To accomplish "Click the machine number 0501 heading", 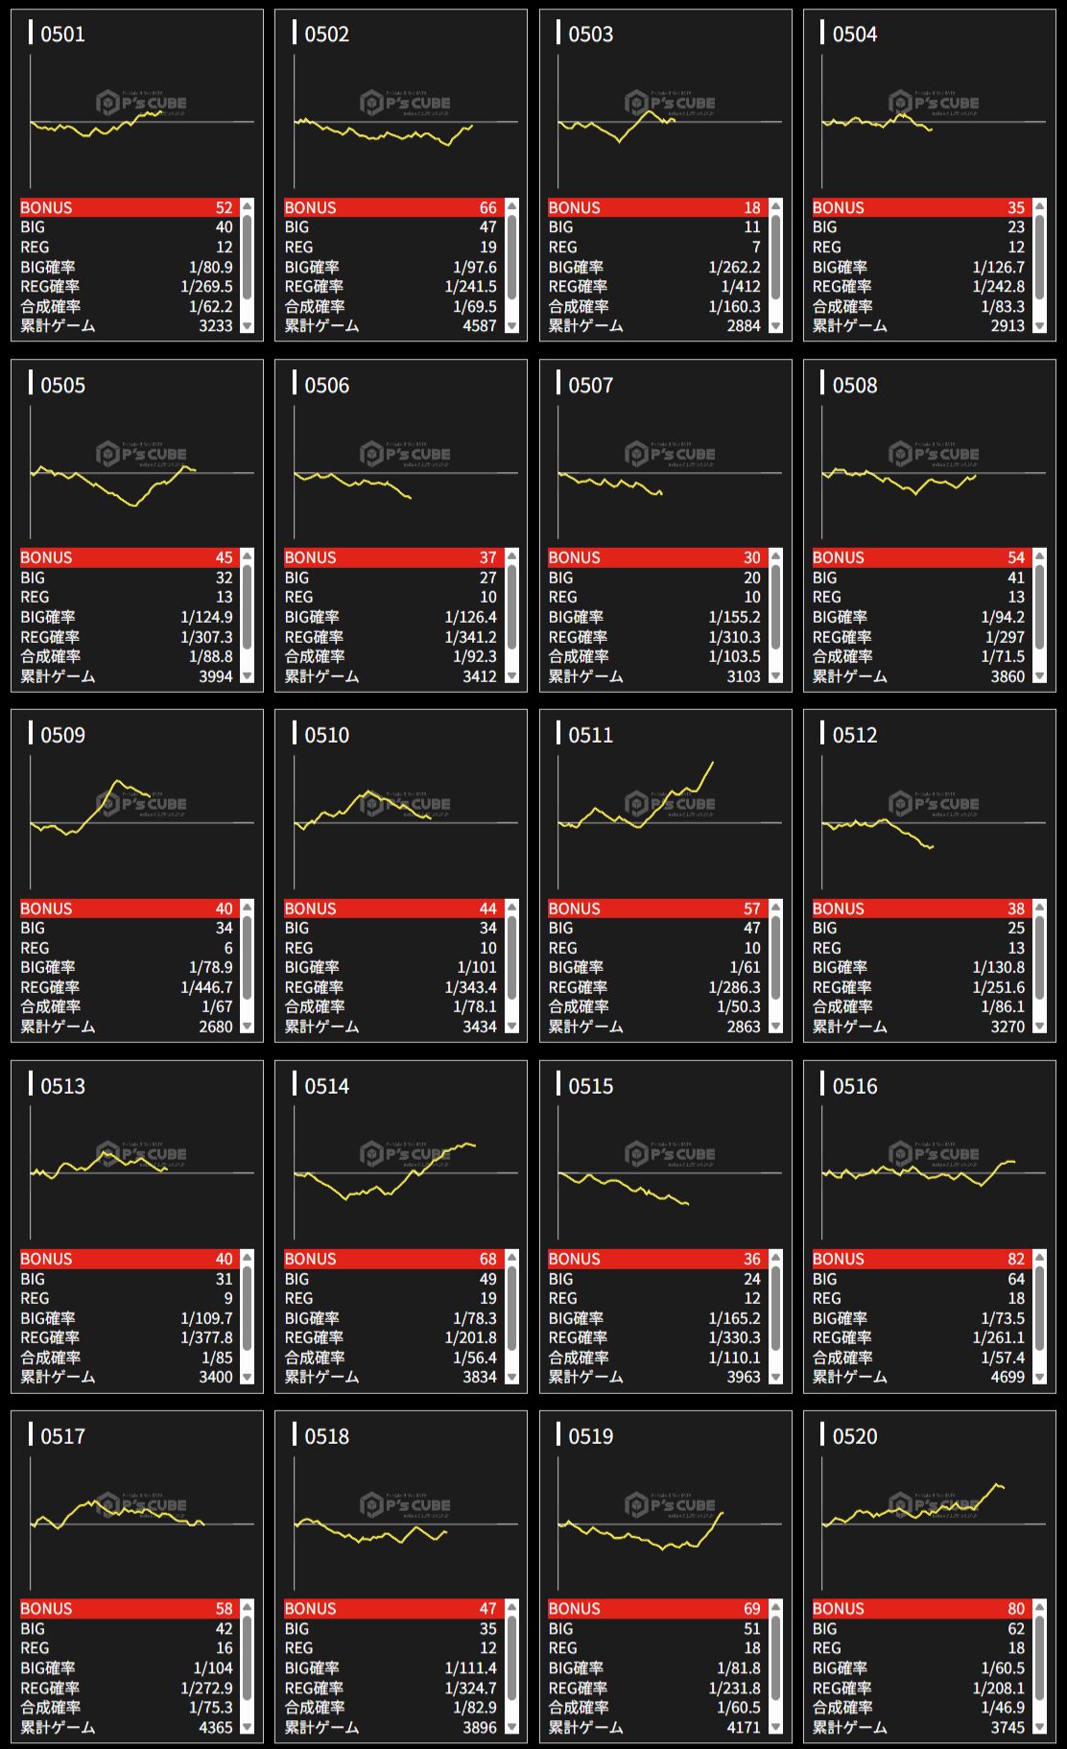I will (62, 35).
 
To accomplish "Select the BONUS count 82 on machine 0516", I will (1015, 1259).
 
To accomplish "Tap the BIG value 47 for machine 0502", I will (487, 227).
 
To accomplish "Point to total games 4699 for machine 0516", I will (1007, 1377).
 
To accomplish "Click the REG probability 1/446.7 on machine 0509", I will (206, 987).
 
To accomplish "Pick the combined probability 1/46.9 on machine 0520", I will (1003, 1708).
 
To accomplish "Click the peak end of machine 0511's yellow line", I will (712, 764).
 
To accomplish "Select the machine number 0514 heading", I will (326, 1086).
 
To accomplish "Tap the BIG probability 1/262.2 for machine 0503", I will (734, 268).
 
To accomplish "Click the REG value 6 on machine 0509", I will (227, 948).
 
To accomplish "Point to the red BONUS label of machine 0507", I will (574, 557).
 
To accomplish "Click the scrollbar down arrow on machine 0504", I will (1039, 326).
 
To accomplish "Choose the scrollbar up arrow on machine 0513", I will (248, 1257).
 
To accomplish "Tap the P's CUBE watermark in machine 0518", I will (406, 1504).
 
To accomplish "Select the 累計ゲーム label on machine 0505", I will (58, 676).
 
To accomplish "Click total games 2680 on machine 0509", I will (215, 1027).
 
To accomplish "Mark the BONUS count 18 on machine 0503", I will (751, 207).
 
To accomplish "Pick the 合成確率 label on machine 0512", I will (842, 1006).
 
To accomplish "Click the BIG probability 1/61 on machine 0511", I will (745, 967).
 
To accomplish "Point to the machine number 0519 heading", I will (590, 1436).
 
